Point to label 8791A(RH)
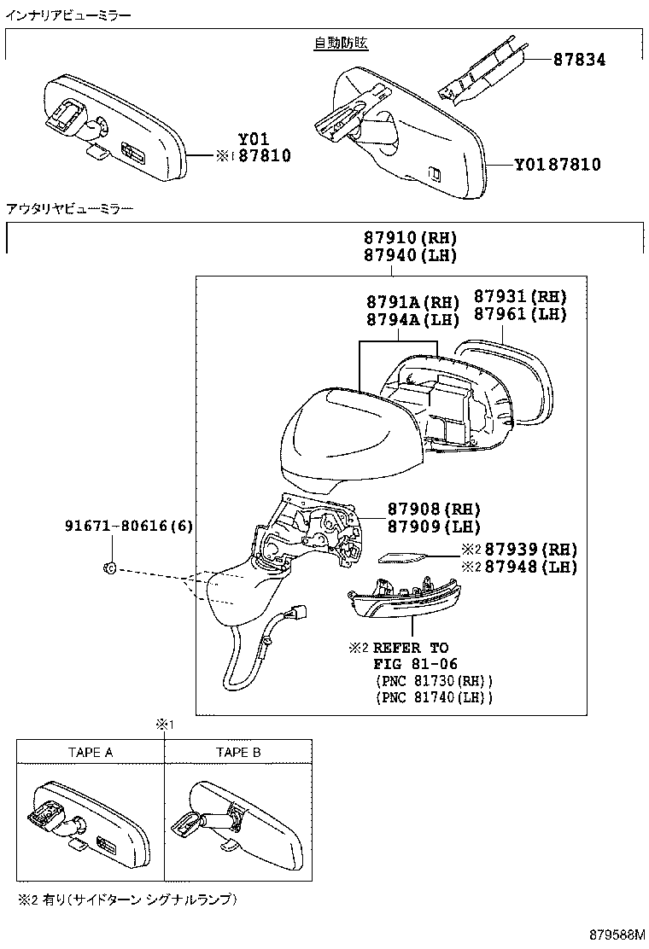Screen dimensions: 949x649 pos(412,302)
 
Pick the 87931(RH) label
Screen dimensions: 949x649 pos(520,296)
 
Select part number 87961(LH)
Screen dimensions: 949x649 pos(520,313)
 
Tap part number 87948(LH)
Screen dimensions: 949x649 pos(528,567)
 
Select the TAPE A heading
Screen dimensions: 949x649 pos(91,752)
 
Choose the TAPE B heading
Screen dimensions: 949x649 pos(238,752)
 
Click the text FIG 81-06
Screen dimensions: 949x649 pos(415,664)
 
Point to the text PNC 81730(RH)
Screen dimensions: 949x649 pos(434,680)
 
